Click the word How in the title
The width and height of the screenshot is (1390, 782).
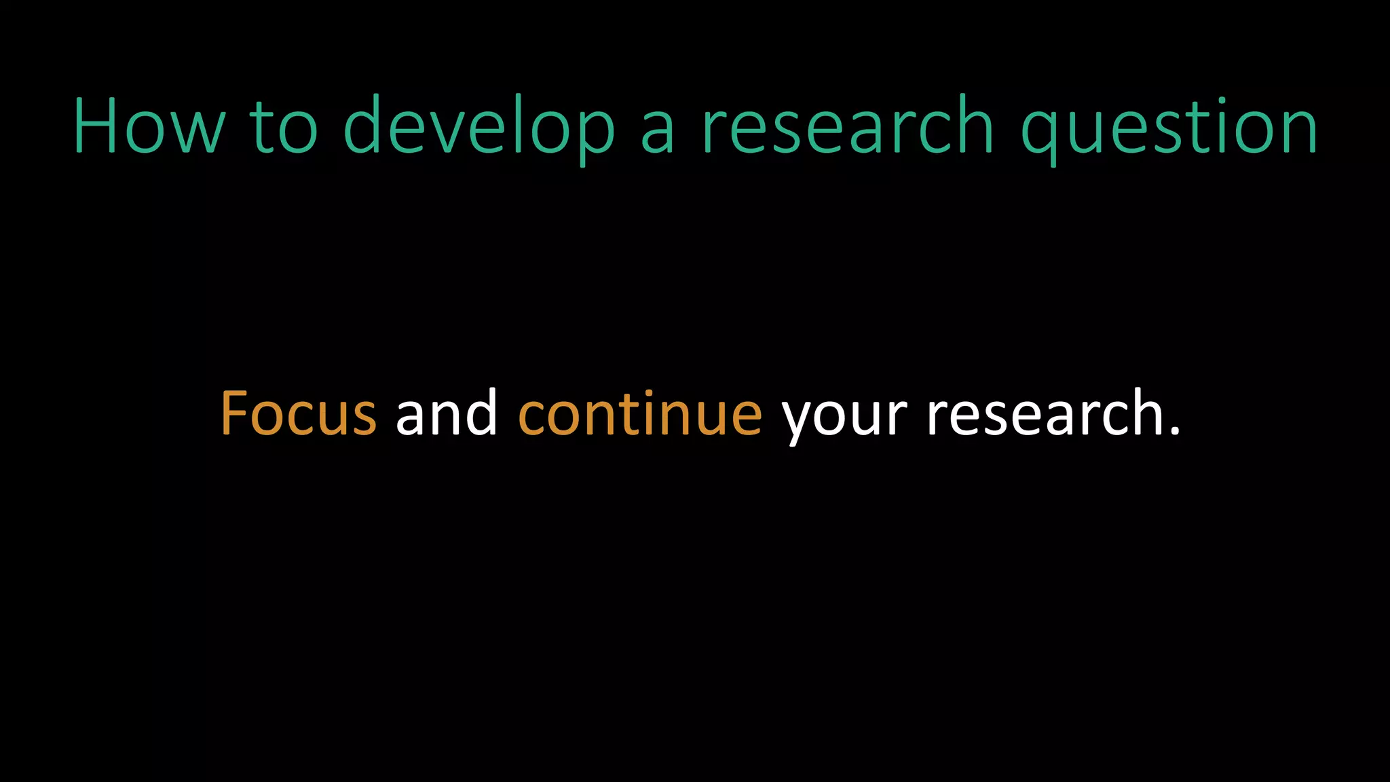pyautogui.click(x=148, y=127)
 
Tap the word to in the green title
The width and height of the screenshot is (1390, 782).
pyautogui.click(x=284, y=127)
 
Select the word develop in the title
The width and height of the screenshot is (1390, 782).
pyautogui.click(x=479, y=127)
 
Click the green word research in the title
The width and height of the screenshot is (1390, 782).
pyautogui.click(x=848, y=127)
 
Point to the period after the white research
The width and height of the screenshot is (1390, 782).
pyautogui.click(x=1176, y=430)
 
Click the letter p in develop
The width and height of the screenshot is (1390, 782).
pyautogui.click(x=595, y=132)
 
